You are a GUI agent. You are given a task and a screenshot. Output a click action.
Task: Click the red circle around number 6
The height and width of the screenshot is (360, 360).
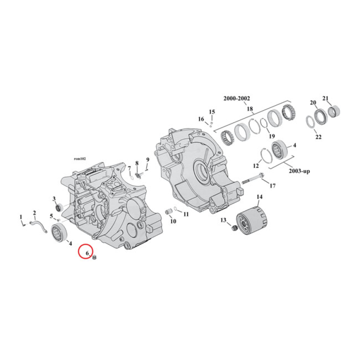point(85,252)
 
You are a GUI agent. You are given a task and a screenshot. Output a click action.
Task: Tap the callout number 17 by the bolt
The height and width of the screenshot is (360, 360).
point(273,185)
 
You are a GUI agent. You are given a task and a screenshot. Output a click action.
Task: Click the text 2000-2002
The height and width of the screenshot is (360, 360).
point(237,99)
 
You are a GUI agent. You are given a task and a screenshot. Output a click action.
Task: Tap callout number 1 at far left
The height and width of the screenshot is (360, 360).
point(21,217)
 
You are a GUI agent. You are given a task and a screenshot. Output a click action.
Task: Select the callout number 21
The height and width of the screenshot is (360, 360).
point(326,98)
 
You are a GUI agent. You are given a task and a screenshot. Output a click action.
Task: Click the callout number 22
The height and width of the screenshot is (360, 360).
point(318,137)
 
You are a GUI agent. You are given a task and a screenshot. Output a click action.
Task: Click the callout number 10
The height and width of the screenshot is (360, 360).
point(173,221)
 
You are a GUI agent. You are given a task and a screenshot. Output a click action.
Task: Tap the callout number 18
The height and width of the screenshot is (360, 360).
point(250,108)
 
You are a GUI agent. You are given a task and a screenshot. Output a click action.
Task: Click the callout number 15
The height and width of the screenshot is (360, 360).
point(212,111)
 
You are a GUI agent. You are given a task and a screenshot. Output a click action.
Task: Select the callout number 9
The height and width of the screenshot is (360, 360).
point(147,160)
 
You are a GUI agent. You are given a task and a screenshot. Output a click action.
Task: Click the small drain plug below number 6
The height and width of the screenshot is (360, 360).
point(95,259)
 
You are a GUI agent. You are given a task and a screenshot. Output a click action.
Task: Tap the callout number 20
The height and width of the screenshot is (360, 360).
point(313,103)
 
